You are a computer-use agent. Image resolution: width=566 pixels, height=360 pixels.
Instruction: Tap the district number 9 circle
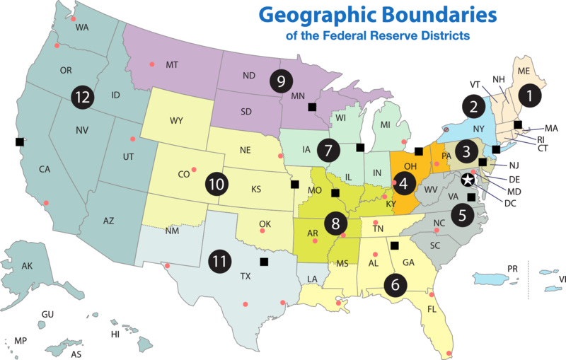click(281, 81)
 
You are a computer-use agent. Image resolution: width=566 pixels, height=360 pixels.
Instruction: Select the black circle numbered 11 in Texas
click(220, 261)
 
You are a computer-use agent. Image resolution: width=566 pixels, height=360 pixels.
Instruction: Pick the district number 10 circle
click(216, 184)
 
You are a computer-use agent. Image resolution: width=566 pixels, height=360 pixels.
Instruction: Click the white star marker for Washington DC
click(468, 180)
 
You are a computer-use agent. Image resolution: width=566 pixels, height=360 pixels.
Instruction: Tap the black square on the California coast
click(19, 141)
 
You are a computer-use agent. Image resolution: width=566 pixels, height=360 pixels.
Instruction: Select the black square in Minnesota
click(312, 107)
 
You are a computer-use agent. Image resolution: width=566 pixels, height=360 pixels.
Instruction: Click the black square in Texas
click(264, 262)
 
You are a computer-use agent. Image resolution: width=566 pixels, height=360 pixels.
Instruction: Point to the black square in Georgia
click(395, 245)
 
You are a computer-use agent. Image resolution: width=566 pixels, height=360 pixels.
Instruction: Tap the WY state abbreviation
click(176, 120)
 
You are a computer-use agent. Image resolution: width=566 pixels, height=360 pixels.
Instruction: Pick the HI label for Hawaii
click(115, 334)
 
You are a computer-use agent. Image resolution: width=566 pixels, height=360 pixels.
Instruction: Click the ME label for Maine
click(524, 71)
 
